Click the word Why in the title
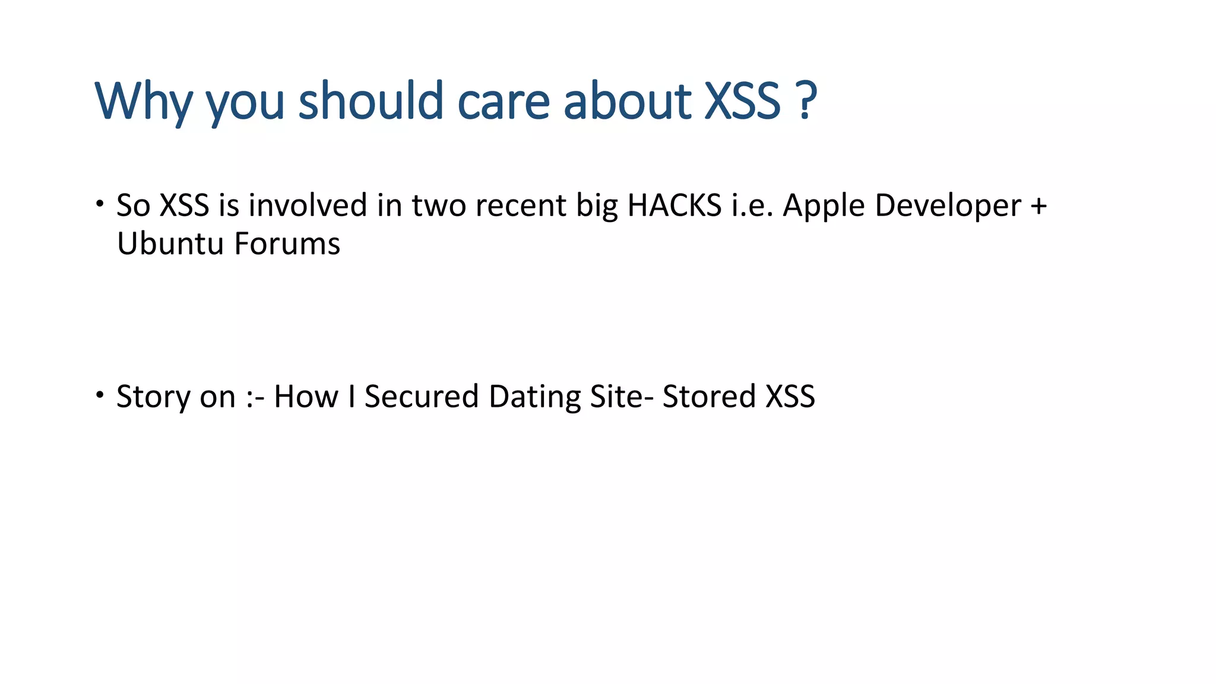pyautogui.click(x=143, y=101)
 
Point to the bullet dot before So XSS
pyautogui.click(x=100, y=204)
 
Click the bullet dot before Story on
pyautogui.click(x=100, y=395)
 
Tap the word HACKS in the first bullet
pyautogui.click(x=674, y=205)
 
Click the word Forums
pyautogui.click(x=287, y=244)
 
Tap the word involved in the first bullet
pyautogui.click(x=308, y=205)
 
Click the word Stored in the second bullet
pyautogui.click(x=708, y=397)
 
